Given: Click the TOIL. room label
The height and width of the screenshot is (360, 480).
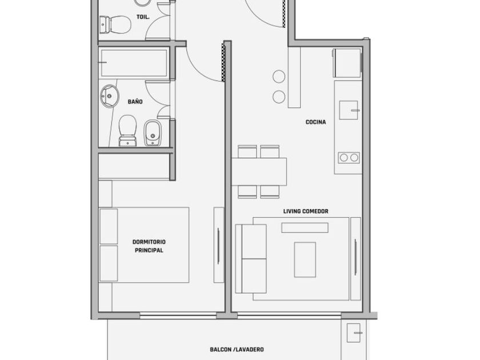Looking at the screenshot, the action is tap(143, 17).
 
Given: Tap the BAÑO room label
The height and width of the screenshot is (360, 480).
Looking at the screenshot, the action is tap(135, 101).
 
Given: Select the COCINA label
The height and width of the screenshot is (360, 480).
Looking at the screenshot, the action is tap(315, 122).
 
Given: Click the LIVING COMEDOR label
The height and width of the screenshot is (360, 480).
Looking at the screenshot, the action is tap(306, 211).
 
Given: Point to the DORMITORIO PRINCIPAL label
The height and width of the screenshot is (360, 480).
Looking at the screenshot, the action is tap(149, 246).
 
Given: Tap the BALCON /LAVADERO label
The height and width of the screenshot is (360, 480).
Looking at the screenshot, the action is tap(237, 349).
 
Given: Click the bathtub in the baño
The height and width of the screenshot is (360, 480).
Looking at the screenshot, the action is tap(134, 63).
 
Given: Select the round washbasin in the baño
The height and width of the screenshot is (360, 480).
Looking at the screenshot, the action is tap(109, 96).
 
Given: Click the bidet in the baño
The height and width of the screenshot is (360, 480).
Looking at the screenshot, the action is tap(153, 133).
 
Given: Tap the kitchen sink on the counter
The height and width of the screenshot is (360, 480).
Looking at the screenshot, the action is tap(349, 110).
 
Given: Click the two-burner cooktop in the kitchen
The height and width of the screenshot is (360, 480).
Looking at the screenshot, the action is tap(349, 158).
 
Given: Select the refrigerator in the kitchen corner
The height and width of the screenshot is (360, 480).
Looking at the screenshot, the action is tap(347, 63).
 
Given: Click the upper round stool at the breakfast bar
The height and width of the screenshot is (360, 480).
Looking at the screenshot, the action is tap(279, 76).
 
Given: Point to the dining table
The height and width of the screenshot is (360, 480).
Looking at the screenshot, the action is tap(259, 172).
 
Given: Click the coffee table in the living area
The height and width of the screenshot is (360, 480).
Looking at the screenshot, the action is tap(305, 259).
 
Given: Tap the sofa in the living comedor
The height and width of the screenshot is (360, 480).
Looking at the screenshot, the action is tap(251, 259).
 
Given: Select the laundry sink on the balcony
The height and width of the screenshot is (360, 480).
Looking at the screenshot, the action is tap(354, 333).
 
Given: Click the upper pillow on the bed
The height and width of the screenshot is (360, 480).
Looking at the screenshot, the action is tap(109, 226).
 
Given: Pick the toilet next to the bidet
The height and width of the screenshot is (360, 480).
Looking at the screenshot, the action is tap(127, 131).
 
